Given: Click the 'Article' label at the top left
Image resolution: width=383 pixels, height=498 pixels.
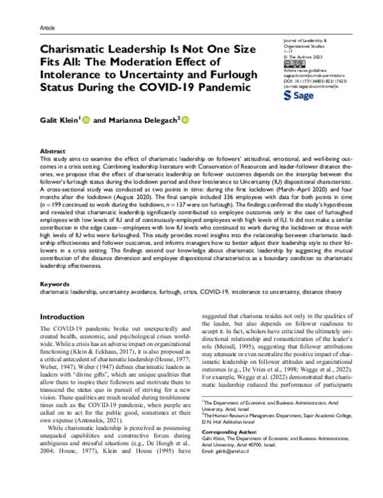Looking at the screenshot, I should click(47, 29).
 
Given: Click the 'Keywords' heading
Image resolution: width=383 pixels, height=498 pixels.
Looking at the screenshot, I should click(54, 283).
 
